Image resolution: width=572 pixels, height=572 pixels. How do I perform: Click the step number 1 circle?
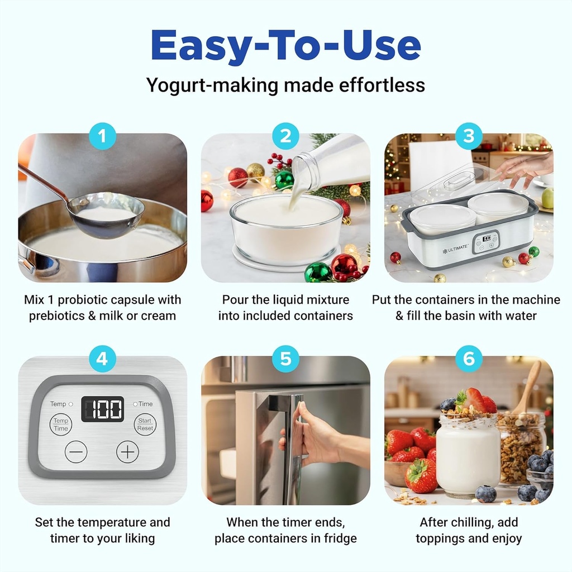click(x=102, y=136)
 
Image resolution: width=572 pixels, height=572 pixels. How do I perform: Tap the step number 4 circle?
click(x=102, y=359)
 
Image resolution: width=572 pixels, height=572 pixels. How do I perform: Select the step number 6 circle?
click(x=469, y=359)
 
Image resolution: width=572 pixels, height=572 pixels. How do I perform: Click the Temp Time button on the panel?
click(x=61, y=425)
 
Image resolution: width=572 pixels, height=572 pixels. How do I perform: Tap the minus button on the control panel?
click(x=76, y=451)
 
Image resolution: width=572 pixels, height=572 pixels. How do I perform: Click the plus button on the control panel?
click(x=127, y=451)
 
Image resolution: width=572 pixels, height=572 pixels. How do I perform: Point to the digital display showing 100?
click(x=102, y=409)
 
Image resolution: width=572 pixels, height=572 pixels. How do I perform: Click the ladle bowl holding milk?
click(x=107, y=216)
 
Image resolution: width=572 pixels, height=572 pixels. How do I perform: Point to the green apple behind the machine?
click(x=547, y=198)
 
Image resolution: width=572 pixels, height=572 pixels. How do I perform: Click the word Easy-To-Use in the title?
click(x=285, y=46)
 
